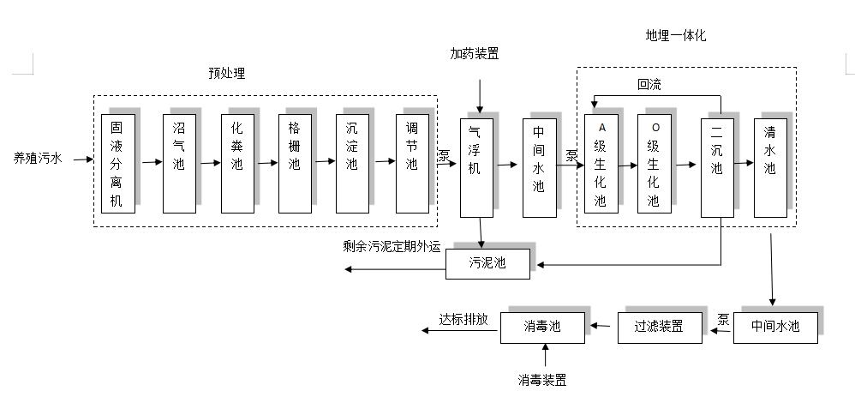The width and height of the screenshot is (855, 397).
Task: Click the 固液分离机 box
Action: coord(117,163)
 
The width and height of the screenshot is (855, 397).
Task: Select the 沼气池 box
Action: coord(178,163)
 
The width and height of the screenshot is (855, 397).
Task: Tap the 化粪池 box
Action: coord(237,163)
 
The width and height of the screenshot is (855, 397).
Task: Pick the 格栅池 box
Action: coord(295,163)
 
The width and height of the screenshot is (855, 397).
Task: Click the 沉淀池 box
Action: coord(351,163)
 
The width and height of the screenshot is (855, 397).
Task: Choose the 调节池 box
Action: coord(411,163)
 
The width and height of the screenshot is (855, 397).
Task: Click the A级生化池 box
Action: coord(601,164)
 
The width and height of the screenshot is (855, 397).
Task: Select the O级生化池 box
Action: coord(654,164)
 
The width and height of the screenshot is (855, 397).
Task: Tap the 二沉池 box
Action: coord(717,166)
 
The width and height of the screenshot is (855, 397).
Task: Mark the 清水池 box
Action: coord(769,166)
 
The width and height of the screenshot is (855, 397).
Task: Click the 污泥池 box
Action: coord(487,263)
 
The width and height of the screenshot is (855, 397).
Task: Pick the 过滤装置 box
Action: coord(658,327)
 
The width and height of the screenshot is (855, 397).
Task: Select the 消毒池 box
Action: coord(541,327)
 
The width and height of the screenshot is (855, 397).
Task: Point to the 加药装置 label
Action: coord(475,53)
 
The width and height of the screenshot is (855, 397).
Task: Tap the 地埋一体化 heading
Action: coord(676,36)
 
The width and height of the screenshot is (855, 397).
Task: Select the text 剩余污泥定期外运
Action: coord(391,247)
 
